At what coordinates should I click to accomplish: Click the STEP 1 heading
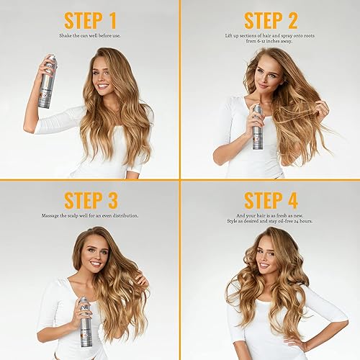90,20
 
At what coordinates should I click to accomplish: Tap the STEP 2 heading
270,20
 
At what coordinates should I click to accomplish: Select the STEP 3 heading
90,199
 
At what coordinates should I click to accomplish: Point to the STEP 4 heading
270,199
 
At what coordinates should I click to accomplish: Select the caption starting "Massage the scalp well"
90,215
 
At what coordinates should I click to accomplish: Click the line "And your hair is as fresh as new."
270,215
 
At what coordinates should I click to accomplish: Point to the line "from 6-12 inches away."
270,42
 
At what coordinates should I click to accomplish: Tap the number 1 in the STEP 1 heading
114,20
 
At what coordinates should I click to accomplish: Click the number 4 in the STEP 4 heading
294,199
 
